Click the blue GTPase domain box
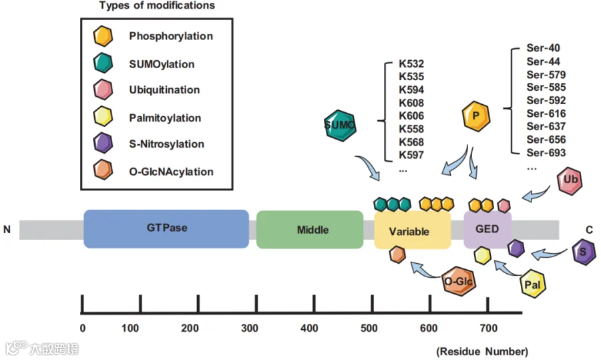(166, 229)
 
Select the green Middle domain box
(310, 229)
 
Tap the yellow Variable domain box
(413, 230)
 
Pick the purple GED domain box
(487, 229)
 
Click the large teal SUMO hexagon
(340, 126)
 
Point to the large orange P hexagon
(476, 116)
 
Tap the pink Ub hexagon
(570, 180)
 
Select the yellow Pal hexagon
(533, 284)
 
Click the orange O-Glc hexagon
(459, 281)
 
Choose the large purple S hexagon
(584, 252)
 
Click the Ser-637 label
(546, 126)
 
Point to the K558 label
(411, 129)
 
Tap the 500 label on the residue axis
(369, 328)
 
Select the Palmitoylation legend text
(165, 118)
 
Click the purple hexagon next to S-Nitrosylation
(103, 143)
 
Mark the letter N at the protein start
(7, 229)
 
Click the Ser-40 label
(543, 48)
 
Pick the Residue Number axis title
(482, 351)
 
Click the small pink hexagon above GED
(504, 206)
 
